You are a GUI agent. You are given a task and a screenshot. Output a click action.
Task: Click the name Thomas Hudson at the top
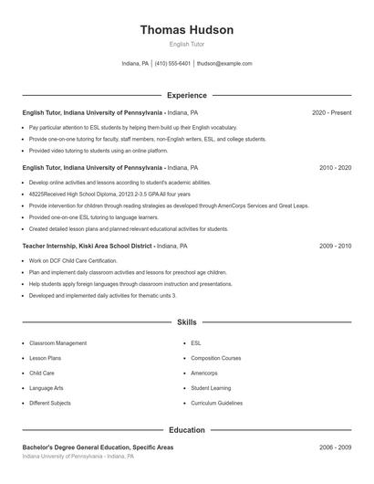pos(186,30)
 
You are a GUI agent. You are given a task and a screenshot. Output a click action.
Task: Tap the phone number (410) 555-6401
pos(172,64)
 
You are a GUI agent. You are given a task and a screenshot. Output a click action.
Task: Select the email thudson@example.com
pos(224,64)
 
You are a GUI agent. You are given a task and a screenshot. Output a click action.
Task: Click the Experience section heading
pos(186,95)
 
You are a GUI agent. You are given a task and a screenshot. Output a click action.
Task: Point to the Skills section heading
pos(186,322)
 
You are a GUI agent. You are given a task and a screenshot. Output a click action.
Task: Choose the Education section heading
pos(186,429)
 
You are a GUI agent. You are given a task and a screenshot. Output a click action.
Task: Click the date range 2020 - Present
pos(331,112)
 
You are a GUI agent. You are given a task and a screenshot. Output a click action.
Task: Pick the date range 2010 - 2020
pos(335,168)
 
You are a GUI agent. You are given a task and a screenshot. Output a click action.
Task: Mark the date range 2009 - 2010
pos(335,247)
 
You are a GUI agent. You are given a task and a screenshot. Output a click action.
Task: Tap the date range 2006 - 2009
pos(335,447)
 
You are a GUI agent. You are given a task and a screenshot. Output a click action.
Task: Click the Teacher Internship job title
pos(87,247)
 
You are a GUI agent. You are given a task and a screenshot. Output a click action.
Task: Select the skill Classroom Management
pos(58,343)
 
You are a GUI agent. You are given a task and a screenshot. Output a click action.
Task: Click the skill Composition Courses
pos(216,358)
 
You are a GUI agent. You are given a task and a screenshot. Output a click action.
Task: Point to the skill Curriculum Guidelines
pos(216,403)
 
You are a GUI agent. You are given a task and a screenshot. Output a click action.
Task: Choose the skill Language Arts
pos(47,388)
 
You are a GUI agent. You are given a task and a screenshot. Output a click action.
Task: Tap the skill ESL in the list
pos(196,343)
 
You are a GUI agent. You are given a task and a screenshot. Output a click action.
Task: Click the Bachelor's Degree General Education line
pos(98,447)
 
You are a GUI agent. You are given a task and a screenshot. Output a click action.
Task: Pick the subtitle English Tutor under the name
pos(186,44)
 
